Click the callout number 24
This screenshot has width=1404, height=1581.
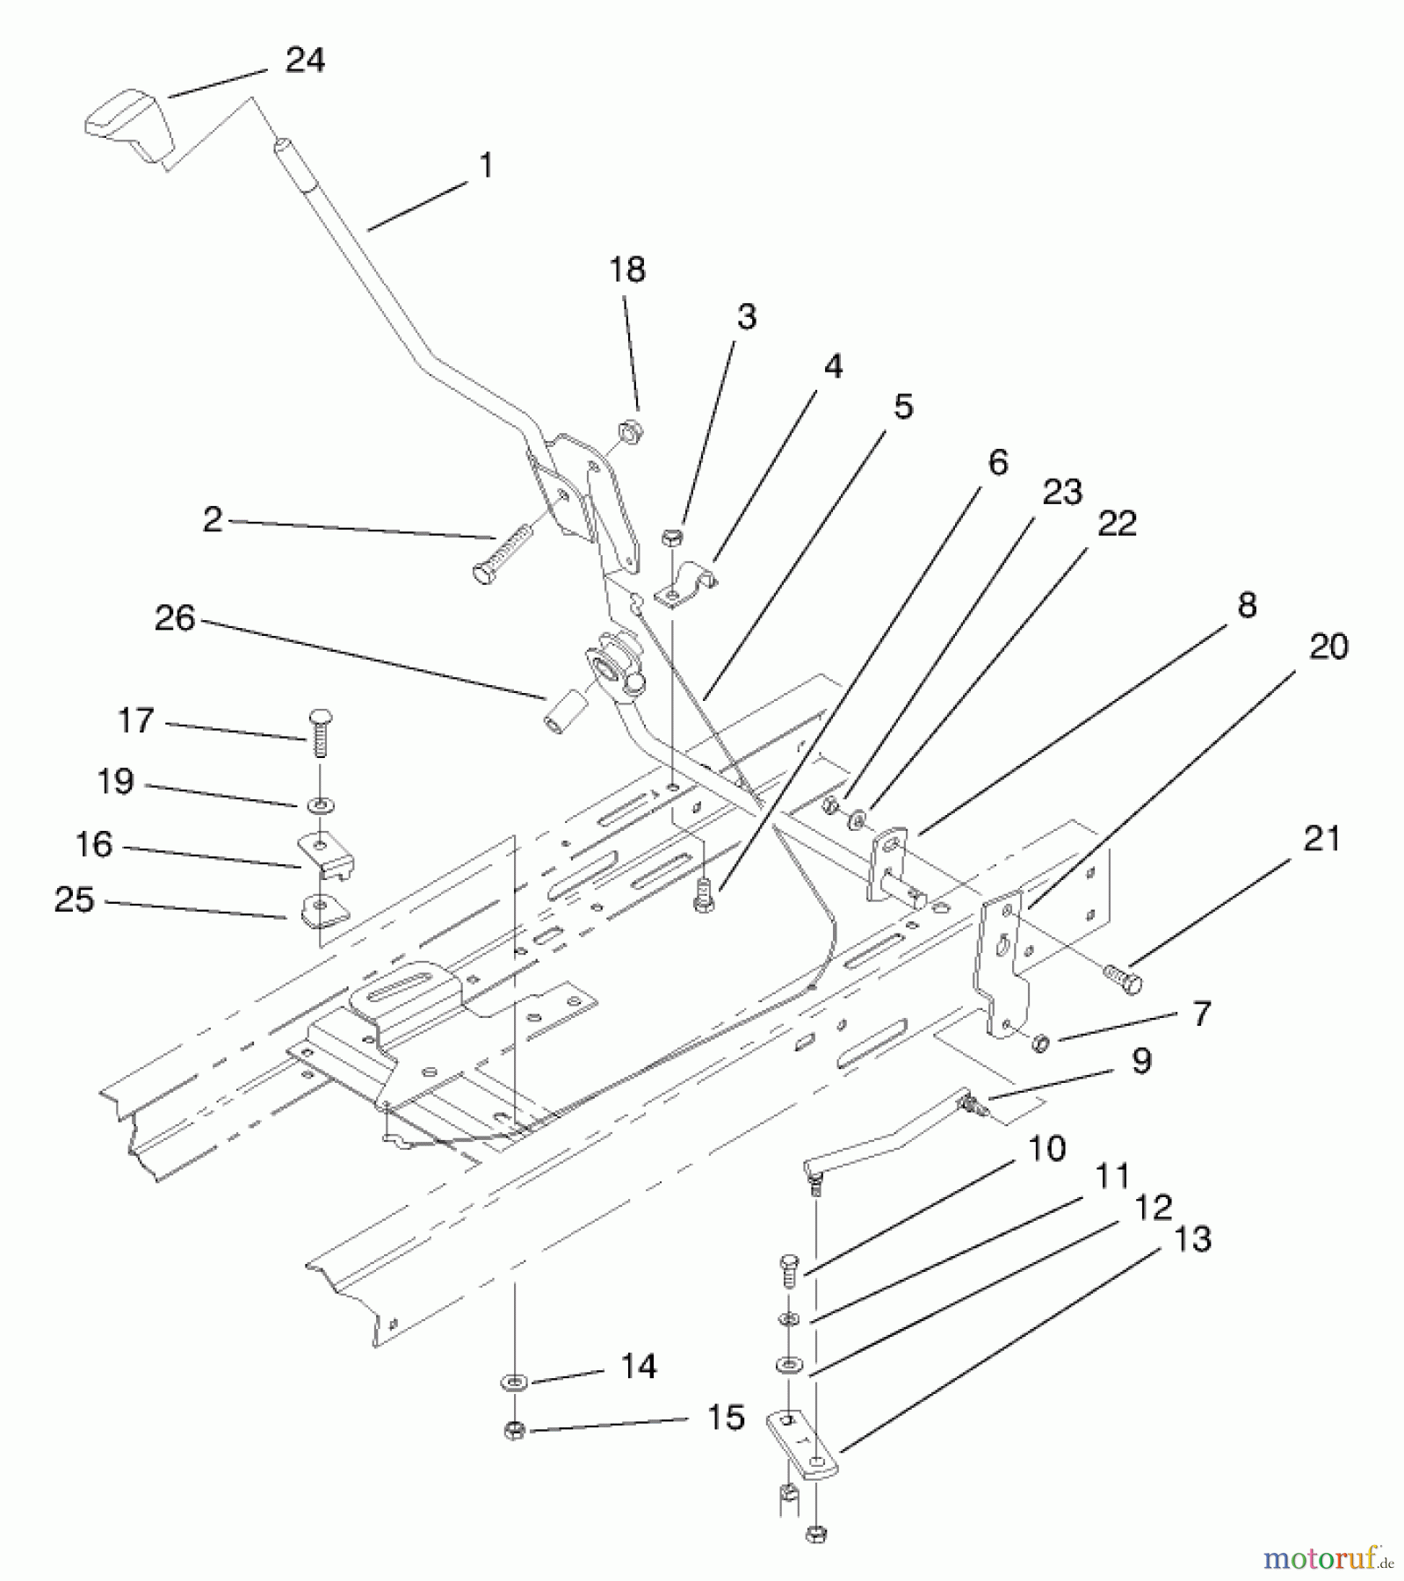305,60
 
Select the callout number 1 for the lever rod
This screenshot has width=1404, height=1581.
486,165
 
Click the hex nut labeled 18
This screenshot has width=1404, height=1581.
630,432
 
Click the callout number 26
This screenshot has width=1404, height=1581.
174,618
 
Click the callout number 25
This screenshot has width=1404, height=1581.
74,899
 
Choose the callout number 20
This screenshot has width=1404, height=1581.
1328,647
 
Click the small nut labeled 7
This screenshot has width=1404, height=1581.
1040,1043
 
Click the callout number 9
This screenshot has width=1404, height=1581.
1140,1061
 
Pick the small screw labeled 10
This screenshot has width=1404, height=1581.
788,1271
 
